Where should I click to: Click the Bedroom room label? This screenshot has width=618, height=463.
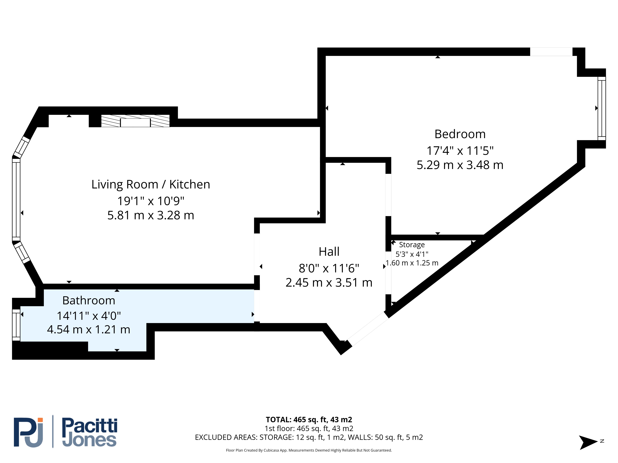click(460, 134)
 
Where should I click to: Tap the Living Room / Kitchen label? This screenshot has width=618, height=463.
click(151, 184)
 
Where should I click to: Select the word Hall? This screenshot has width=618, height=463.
click(329, 252)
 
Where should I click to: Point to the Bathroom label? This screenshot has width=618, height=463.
click(89, 301)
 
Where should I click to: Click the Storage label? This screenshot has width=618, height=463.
click(412, 245)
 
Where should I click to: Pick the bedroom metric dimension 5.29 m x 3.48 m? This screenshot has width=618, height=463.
click(460, 165)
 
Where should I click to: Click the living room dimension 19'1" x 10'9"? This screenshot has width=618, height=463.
click(151, 201)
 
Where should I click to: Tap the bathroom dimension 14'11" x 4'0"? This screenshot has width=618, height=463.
click(89, 316)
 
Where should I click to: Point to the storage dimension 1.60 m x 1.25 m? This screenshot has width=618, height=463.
click(412, 263)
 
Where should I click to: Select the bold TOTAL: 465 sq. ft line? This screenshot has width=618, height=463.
click(309, 420)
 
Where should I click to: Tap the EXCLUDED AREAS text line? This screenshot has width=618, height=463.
click(309, 437)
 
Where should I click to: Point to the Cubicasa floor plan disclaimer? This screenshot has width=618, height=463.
click(309, 450)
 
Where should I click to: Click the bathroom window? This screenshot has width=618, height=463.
click(16, 325)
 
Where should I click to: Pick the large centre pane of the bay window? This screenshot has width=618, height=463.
click(16, 200)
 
